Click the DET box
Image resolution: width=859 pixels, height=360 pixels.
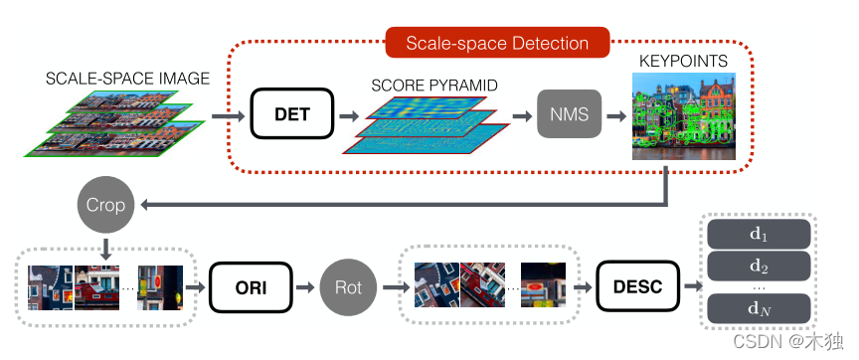click(292, 113)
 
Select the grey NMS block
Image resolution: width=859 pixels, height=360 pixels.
click(570, 113)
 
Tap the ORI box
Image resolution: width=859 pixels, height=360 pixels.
click(251, 286)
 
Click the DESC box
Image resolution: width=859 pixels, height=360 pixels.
click(637, 286)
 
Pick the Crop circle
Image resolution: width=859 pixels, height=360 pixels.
click(105, 205)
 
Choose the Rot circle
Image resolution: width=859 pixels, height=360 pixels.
click(348, 287)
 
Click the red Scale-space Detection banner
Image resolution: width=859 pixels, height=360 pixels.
click(497, 43)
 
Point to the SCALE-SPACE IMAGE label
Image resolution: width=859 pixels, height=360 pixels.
click(127, 79)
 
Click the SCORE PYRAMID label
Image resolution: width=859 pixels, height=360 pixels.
click(434, 86)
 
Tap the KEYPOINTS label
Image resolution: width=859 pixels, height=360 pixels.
click(684, 61)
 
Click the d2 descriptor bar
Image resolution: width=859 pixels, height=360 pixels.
click(759, 267)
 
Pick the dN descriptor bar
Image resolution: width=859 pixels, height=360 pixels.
click(759, 308)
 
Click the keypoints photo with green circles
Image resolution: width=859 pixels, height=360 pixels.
click(684, 116)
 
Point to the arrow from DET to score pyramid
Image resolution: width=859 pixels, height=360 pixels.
click(349, 116)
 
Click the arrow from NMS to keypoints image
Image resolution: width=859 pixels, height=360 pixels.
click(616, 116)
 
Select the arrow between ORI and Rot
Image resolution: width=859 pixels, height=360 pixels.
click(305, 286)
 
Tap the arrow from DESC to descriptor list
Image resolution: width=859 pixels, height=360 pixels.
click(694, 286)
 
